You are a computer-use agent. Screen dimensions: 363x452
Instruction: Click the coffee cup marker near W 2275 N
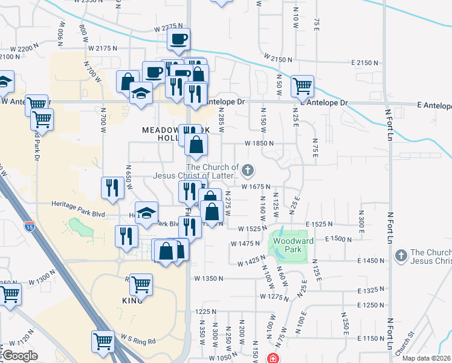pyautogui.click(x=178, y=39)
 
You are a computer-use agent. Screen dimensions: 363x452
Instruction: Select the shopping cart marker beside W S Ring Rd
pyautogui.click(x=103, y=341)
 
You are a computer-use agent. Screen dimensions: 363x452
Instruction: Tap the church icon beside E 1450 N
pyautogui.click(x=400, y=256)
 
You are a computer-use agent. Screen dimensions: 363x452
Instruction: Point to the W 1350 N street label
pyautogui.click(x=208, y=279)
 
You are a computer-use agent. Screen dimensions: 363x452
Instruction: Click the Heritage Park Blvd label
pyautogui.click(x=79, y=204)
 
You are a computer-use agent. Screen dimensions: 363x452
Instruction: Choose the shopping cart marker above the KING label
pyautogui.click(x=141, y=283)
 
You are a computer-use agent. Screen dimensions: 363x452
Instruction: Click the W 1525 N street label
pyautogui.click(x=253, y=229)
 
